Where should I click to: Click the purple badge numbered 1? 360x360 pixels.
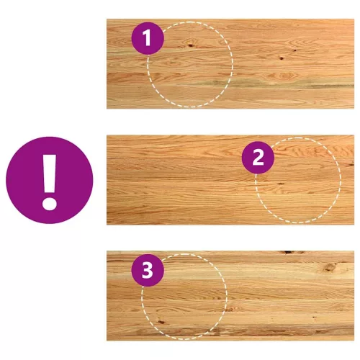148,38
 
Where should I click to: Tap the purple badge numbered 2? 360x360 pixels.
258,158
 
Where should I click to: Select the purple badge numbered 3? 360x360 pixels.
148,270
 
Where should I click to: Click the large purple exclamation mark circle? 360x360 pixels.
50,180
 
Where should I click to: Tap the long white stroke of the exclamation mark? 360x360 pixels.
50,174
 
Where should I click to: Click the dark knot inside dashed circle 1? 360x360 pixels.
191,45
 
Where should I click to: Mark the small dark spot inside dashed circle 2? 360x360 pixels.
280,184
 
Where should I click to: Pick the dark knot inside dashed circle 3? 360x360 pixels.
161,322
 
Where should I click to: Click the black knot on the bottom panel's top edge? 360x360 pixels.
289,252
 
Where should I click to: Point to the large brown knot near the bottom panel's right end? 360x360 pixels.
330,267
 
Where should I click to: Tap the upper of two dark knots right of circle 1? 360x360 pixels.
294,50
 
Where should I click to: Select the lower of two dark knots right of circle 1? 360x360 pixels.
282,58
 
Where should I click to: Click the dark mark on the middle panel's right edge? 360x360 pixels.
351,165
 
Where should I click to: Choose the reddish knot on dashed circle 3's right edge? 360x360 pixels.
229,309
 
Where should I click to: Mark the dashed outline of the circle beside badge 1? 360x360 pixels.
233,65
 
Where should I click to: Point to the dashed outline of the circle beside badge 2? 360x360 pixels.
341,181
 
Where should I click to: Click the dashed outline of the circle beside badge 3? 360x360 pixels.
227,297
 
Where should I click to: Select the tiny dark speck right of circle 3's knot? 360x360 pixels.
314,317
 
